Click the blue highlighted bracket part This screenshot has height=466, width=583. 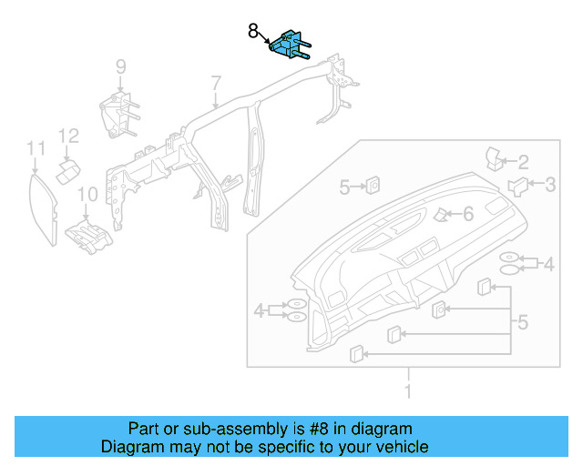click(x=290, y=44)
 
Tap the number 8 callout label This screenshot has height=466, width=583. click(x=254, y=31)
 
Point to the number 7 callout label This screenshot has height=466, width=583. click(x=216, y=84)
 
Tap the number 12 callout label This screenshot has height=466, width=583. click(x=69, y=136)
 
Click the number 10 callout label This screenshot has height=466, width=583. click(x=87, y=193)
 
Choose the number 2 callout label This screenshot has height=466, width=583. click(x=523, y=162)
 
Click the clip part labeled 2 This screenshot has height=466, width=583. click(x=496, y=157)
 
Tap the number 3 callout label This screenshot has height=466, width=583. click(x=550, y=186)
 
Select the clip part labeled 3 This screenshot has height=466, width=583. click(x=517, y=187)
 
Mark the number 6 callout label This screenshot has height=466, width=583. click(x=468, y=214)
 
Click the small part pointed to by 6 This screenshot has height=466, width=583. click(x=441, y=215)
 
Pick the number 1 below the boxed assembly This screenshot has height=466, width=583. click(x=408, y=391)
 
